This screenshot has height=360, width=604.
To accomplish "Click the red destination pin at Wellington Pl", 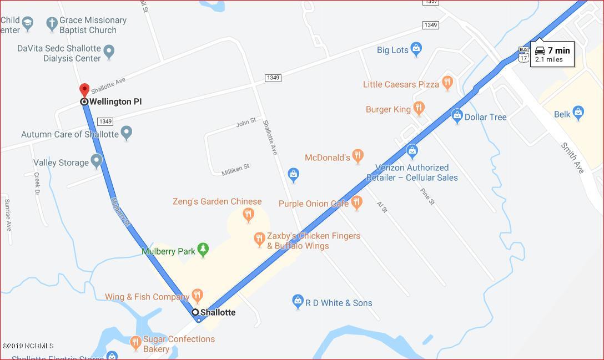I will (x=84, y=90).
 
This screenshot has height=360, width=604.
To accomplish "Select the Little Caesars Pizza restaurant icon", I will (x=447, y=83).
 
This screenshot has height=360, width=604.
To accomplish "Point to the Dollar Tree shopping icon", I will (x=457, y=116).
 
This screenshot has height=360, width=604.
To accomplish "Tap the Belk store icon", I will (x=578, y=113).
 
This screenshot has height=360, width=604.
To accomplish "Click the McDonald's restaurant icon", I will (x=358, y=156).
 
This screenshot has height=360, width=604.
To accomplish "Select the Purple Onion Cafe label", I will (x=314, y=204).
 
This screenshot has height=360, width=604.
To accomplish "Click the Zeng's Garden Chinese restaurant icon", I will (x=248, y=214).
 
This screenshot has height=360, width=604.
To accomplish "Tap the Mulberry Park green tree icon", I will (x=203, y=250).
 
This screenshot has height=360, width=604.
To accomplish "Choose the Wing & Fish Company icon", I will (x=197, y=296).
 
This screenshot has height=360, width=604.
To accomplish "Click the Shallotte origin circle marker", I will (x=195, y=312).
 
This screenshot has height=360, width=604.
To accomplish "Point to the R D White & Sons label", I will (x=339, y=303).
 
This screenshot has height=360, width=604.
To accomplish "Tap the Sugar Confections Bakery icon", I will (x=135, y=343).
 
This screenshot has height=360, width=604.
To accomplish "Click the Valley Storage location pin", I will (x=97, y=161).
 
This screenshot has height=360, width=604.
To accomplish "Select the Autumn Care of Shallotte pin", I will (x=127, y=133).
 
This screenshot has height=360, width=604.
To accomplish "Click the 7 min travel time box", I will (x=552, y=54).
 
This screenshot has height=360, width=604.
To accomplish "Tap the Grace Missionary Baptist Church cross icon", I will (x=52, y=24).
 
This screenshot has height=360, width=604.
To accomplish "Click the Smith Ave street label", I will (x=572, y=158).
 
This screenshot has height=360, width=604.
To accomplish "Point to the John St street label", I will (x=246, y=121).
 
